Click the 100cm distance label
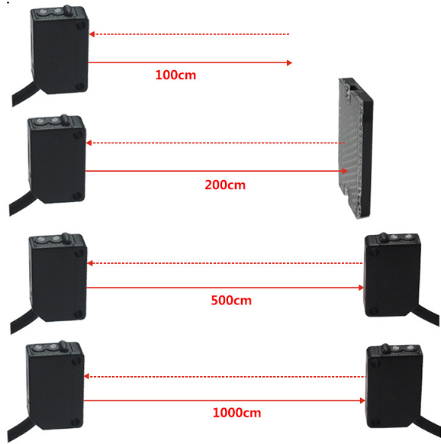coord(175,75)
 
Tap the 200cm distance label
coord(225,185)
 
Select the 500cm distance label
coord(231,301)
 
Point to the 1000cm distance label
coord(237,413)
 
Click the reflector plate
coord(356,148)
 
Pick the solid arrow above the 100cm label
coord(190,63)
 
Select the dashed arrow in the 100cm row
coord(189,34)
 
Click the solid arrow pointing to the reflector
coord(217,171)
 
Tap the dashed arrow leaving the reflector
coord(215,143)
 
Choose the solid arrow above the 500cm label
coord(225,288)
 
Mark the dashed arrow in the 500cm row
coord(225,263)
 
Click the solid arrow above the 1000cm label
coord(224,401)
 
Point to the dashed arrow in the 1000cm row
coord(225,377)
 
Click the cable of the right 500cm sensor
coord(427,314)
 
